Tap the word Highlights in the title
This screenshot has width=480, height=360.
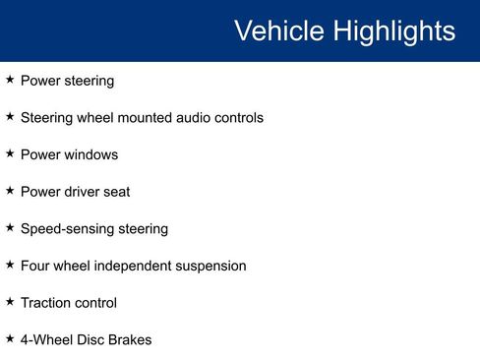pos(393,30)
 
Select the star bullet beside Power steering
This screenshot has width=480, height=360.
pos(10,80)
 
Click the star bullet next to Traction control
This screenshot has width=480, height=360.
pos(10,302)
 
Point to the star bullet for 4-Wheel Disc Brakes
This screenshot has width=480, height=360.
pos(10,338)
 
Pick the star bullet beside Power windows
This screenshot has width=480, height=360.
pos(10,153)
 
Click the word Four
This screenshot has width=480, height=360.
pos(36,266)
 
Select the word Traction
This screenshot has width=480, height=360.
pos(46,303)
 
